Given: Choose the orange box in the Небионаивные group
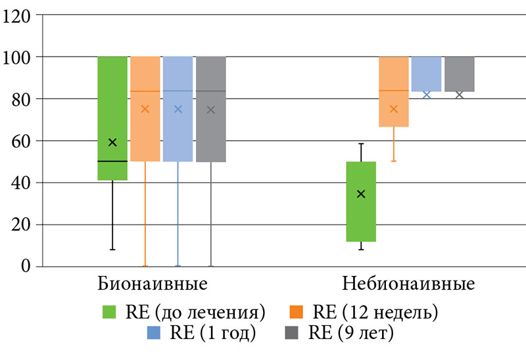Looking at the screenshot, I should click(394, 79).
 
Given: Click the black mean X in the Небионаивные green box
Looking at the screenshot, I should click(361, 194).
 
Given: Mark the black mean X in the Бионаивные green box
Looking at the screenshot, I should click(112, 143).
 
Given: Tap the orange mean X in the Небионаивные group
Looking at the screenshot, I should click(394, 109).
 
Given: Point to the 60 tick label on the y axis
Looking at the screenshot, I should click(21, 141).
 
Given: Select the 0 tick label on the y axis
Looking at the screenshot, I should click(26, 266).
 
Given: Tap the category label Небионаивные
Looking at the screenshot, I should click(409, 284).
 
